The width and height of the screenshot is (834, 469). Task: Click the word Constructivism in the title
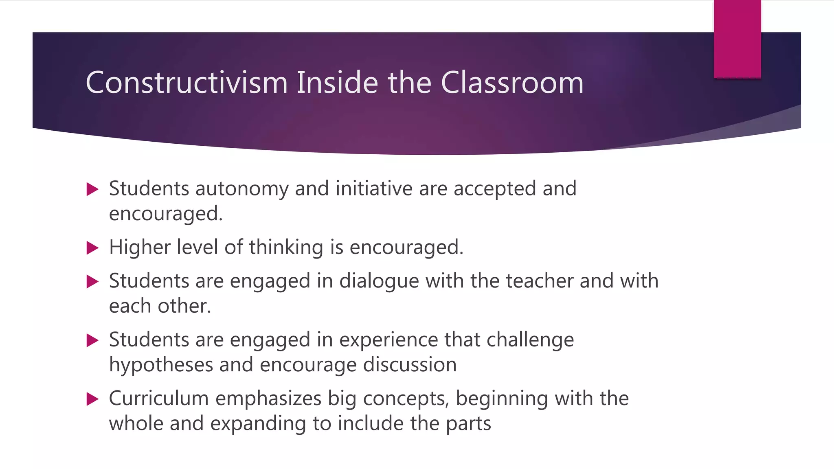pyautogui.click(x=187, y=83)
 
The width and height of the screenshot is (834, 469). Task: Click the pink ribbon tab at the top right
pyautogui.click(x=737, y=39)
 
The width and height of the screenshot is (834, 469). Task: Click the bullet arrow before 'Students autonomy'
pyautogui.click(x=93, y=189)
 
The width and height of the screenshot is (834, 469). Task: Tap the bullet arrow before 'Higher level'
pyautogui.click(x=93, y=248)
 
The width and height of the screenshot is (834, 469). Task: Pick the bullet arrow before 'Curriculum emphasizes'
pyautogui.click(x=93, y=399)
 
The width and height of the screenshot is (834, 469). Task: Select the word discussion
pyautogui.click(x=410, y=364)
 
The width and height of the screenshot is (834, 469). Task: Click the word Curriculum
pyautogui.click(x=159, y=398)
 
